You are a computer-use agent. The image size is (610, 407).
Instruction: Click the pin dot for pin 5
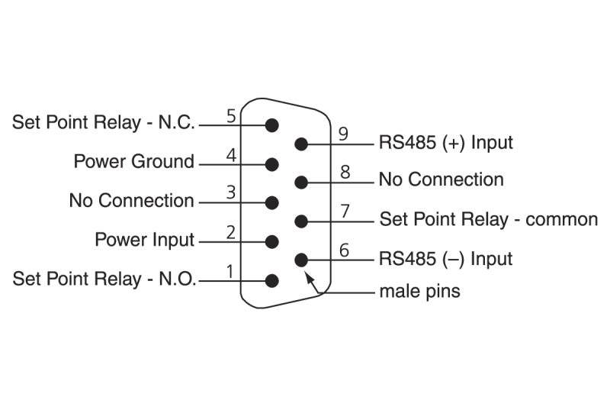pyautogui.click(x=272, y=124)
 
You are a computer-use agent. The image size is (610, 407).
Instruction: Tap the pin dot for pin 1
pyautogui.click(x=272, y=280)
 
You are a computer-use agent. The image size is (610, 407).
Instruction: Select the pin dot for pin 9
pyautogui.click(x=301, y=144)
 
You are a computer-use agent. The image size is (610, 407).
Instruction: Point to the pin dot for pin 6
pyautogui.click(x=301, y=260)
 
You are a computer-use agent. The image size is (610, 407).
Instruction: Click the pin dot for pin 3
pyautogui.click(x=272, y=202)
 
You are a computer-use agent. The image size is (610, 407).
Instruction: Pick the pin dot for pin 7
pyautogui.click(x=301, y=221)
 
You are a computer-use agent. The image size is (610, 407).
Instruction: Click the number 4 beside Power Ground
pyautogui.click(x=231, y=154)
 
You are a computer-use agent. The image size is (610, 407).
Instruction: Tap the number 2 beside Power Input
pyautogui.click(x=231, y=232)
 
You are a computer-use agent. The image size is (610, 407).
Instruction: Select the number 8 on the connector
pyautogui.click(x=345, y=172)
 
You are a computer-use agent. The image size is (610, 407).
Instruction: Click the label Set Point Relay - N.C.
pyautogui.click(x=104, y=122)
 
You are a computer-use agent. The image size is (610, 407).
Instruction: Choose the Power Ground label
pyautogui.click(x=133, y=162)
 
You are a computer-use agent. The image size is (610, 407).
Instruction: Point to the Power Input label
pyautogui.click(x=144, y=240)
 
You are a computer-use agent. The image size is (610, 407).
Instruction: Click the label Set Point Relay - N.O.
pyautogui.click(x=104, y=279)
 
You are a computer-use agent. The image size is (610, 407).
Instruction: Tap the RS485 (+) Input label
pyautogui.click(x=445, y=143)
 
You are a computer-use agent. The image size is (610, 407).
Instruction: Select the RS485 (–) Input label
pyautogui.click(x=445, y=259)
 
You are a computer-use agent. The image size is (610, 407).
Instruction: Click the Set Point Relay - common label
pyautogui.click(x=488, y=220)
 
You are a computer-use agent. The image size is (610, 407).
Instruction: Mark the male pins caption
pyautogui.click(x=419, y=291)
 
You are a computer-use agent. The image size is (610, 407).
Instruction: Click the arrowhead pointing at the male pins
pyautogui.click(x=310, y=273)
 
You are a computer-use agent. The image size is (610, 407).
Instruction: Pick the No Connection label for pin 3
pyautogui.click(x=131, y=201)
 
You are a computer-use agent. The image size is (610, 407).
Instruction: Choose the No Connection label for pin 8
pyautogui.click(x=441, y=180)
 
